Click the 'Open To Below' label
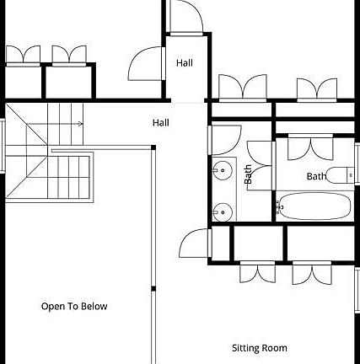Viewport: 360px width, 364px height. click(x=74, y=306)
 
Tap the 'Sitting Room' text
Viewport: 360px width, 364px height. click(x=260, y=348)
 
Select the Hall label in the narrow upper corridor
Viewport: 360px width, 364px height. click(x=185, y=63)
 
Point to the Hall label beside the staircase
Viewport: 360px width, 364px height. click(x=161, y=123)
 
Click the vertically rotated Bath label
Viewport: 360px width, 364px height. click(x=248, y=174)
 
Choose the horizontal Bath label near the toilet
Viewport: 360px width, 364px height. click(x=316, y=176)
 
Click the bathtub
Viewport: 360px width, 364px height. click(x=314, y=206)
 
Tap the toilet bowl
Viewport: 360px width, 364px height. click(x=336, y=175)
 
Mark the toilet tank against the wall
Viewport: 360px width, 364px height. click(x=351, y=175)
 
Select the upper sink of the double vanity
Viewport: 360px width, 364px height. click(x=222, y=170)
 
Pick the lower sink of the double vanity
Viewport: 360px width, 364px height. click(x=222, y=212)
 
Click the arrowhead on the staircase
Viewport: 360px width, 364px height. click(x=81, y=124)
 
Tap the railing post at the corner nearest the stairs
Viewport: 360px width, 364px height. click(x=153, y=147)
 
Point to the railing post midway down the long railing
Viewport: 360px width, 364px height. click(x=153, y=289)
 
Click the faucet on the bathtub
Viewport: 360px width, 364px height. click(x=279, y=207)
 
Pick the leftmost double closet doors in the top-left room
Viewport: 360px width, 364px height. click(x=23, y=55)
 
